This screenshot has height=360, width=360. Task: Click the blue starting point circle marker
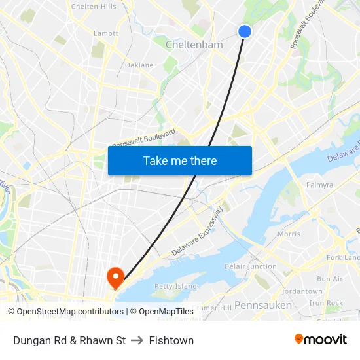pyautogui.click(x=245, y=31)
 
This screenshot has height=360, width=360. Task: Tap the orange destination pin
pyautogui.click(x=116, y=278)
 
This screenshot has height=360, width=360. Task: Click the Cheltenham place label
pyautogui.click(x=194, y=45)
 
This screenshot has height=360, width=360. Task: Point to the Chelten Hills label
pyautogui.click(x=94, y=7)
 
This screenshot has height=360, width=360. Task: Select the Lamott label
pyautogui.click(x=106, y=33)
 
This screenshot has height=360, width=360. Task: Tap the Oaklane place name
pyautogui.click(x=139, y=65)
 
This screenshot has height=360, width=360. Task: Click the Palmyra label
pyautogui.click(x=319, y=185)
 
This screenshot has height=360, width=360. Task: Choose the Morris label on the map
pyautogui.click(x=289, y=234)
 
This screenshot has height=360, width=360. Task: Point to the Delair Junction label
pyautogui.click(x=251, y=266)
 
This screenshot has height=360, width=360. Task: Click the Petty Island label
pyautogui.click(x=175, y=286)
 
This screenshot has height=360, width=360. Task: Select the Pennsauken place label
pyautogui.click(x=263, y=305)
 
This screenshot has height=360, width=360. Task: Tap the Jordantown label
pyautogui.click(x=302, y=291)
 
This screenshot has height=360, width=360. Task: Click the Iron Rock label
pyautogui.click(x=326, y=303)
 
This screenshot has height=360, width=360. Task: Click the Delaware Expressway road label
pyautogui.click(x=198, y=232)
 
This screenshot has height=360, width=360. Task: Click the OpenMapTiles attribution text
pyautogui.click(x=166, y=312)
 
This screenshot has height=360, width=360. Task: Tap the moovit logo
pyautogui.click(x=320, y=340)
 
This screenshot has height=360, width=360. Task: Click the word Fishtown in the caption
pyautogui.click(x=171, y=340)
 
